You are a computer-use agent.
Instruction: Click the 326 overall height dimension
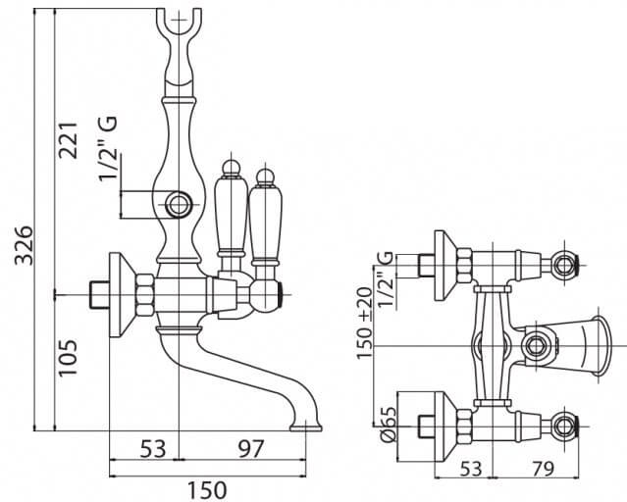point(24,245)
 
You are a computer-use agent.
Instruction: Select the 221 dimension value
point(68,140)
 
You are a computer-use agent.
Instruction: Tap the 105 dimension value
point(68,358)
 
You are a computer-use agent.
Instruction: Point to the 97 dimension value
point(251,448)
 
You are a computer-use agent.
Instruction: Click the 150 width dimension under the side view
point(207,490)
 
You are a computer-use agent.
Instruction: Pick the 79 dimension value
point(543,469)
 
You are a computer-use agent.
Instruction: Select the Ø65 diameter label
point(388,425)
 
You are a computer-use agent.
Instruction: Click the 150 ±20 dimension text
point(365,323)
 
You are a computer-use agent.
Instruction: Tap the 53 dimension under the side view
point(153,448)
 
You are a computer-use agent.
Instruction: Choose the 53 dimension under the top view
point(471,469)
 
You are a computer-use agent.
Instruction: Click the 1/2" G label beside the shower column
point(108,148)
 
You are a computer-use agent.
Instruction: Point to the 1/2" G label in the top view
point(385,278)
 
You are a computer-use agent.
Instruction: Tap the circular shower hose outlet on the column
point(179,205)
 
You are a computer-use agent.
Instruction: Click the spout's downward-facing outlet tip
point(305,427)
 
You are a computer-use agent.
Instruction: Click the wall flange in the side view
point(122,295)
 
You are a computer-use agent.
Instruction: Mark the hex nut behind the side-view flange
point(145,295)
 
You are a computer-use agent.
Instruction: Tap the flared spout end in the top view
point(598,346)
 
